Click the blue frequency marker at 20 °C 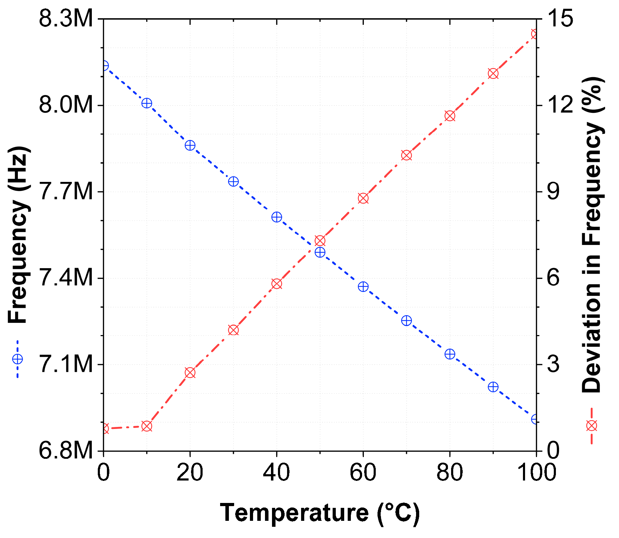(x=190, y=145)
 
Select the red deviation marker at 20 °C (x=190, y=373)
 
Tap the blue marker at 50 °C (x=320, y=252)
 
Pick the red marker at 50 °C (x=320, y=241)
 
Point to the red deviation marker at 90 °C (x=493, y=74)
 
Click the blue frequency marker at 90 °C (x=493, y=387)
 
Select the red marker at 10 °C (x=147, y=426)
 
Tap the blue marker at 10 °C (x=147, y=103)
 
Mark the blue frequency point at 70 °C (x=406, y=320)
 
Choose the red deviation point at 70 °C (x=406, y=155)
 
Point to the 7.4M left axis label (x=66, y=278)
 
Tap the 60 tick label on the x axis (x=363, y=472)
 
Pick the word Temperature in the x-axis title (x=294, y=512)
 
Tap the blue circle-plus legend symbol (x=17, y=359)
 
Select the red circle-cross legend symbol (x=592, y=426)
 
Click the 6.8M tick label (x=66, y=451)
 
